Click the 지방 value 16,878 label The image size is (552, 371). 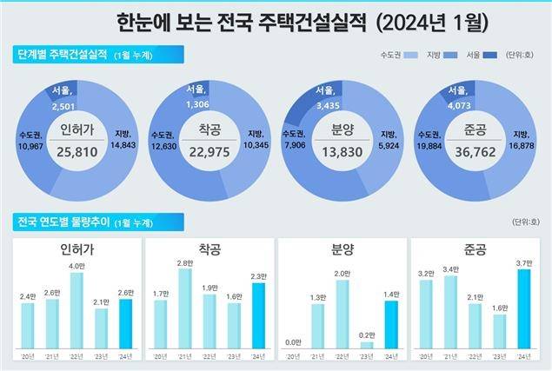522,145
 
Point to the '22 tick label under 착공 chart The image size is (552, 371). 209,357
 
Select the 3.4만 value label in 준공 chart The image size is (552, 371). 449,268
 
